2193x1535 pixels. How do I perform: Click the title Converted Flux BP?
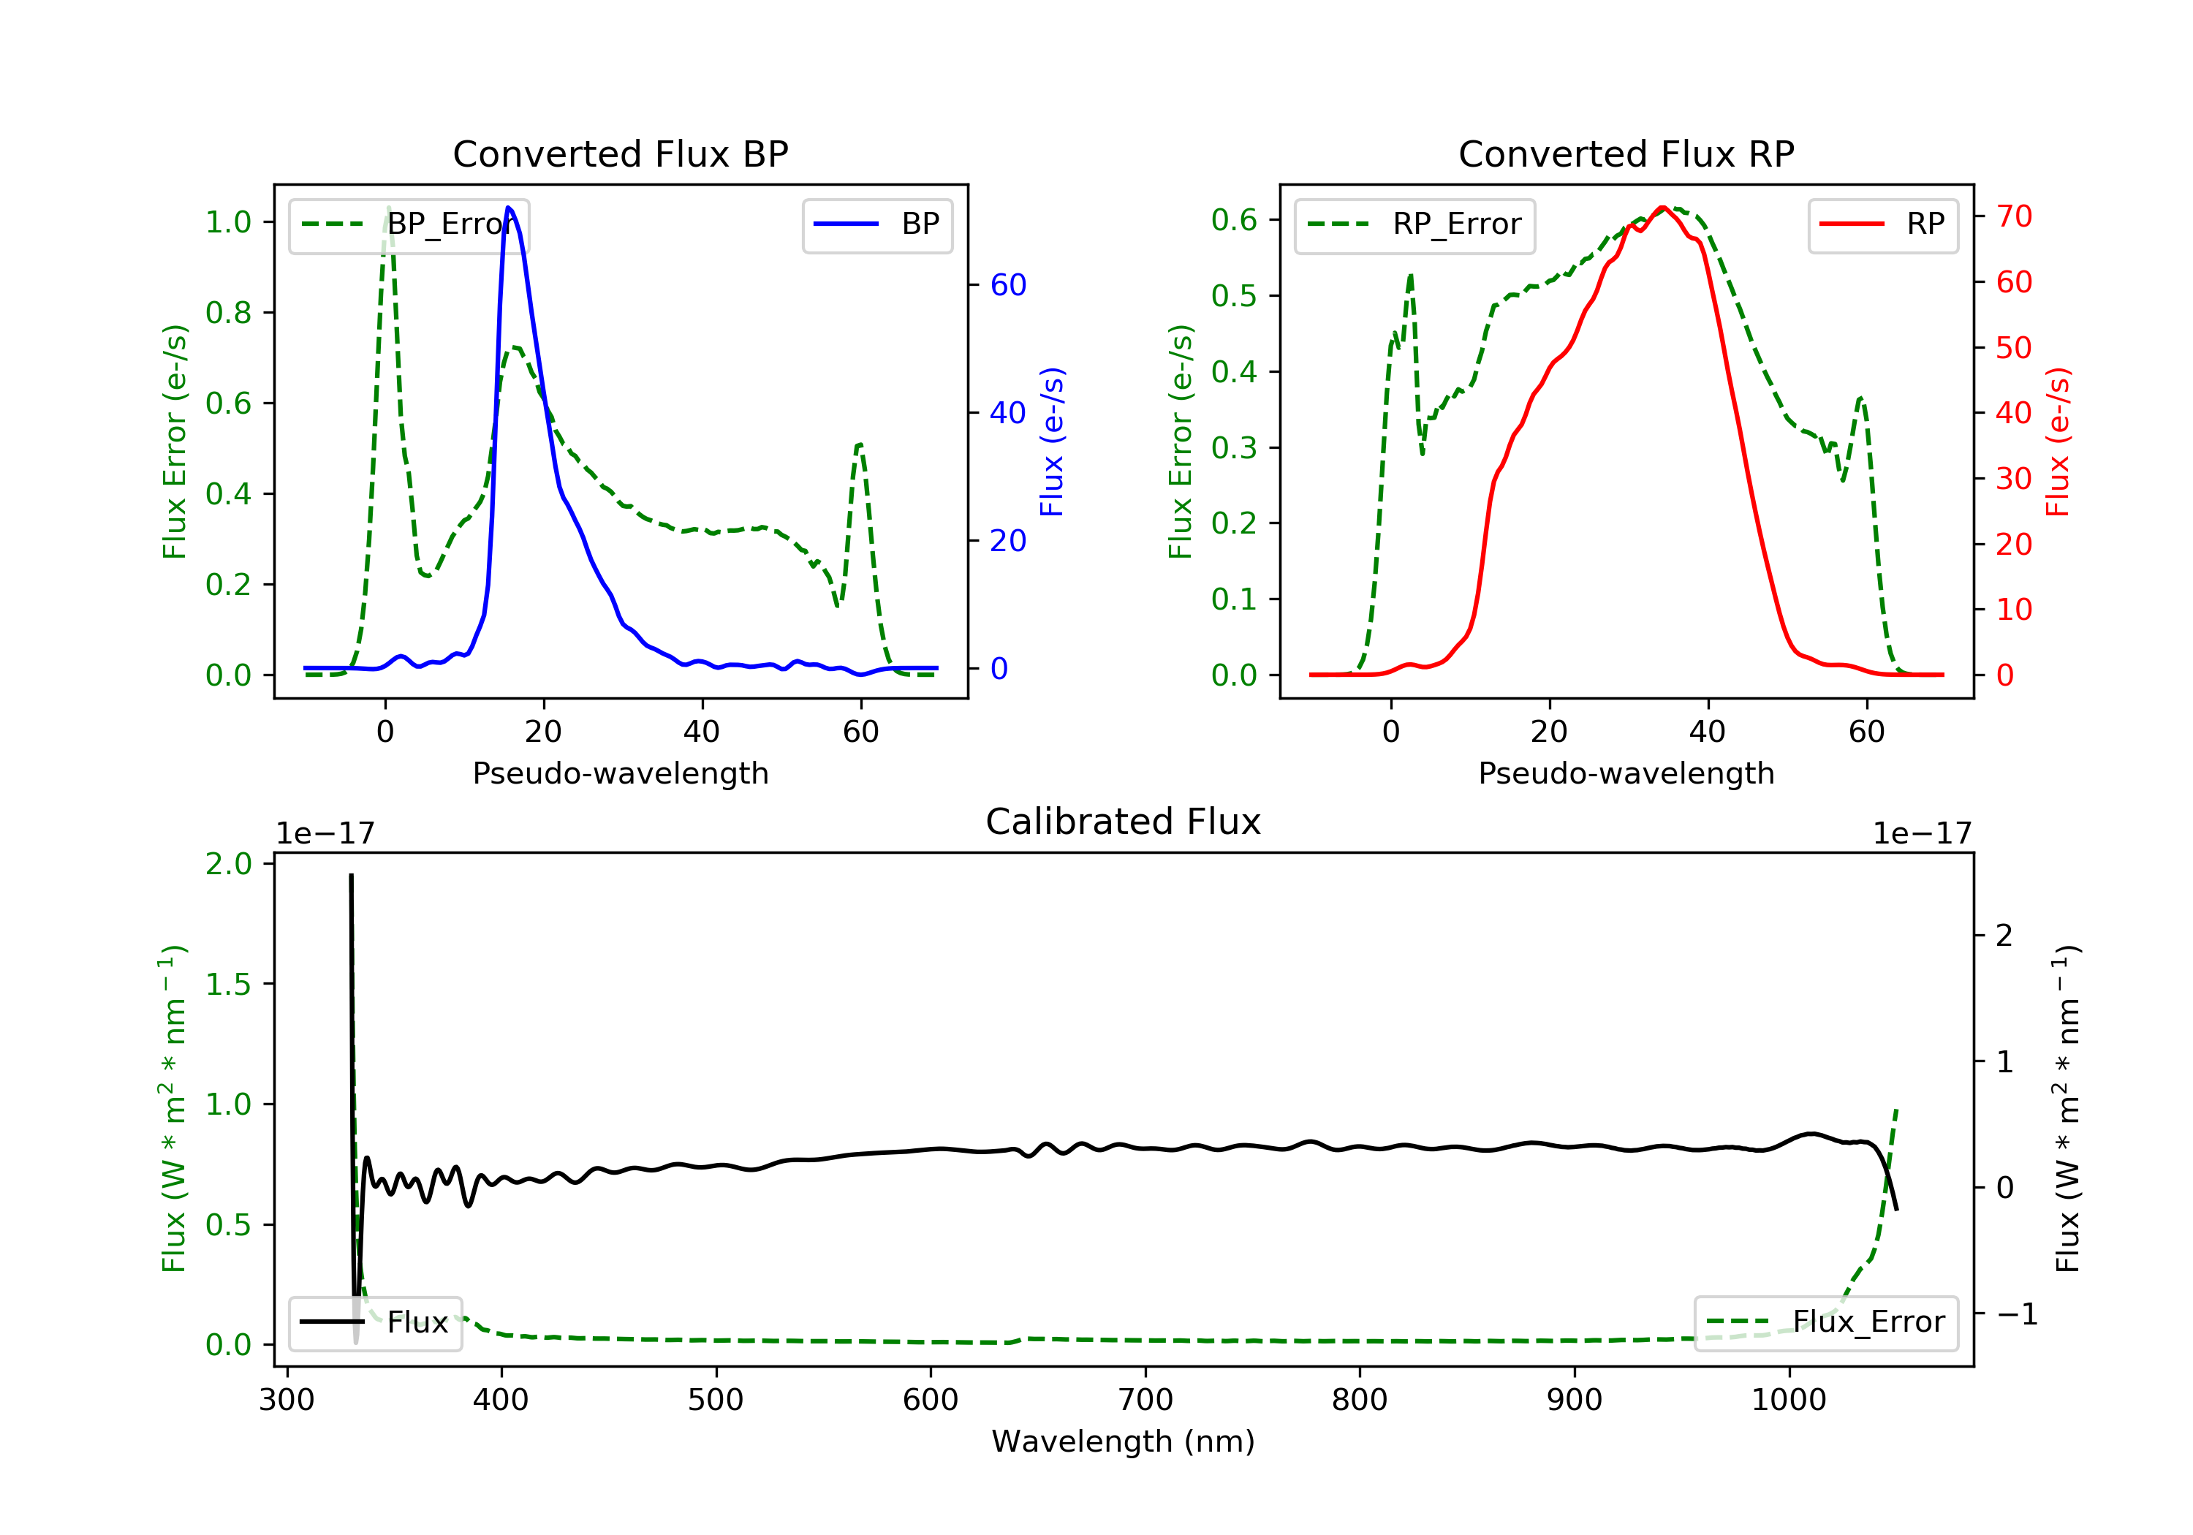pos(620,153)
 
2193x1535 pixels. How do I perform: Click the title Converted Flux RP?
pos(1626,153)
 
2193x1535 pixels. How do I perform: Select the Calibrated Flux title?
pos(1124,822)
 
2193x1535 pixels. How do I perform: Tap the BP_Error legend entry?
pos(409,224)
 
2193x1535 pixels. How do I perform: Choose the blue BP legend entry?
pos(876,224)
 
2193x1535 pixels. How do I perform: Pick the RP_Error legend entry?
pos(1414,224)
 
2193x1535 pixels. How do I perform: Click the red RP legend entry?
pos(1882,224)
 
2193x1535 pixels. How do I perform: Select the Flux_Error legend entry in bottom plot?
pos(1826,1322)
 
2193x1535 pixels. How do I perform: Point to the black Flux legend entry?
pos(376,1322)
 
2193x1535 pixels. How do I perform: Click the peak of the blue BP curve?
pos(508,208)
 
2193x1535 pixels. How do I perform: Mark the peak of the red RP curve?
pos(1663,208)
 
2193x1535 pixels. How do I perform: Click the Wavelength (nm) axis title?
pos(1124,1441)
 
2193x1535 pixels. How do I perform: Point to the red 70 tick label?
pos(2015,217)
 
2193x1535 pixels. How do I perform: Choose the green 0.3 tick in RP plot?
pos(1234,447)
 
